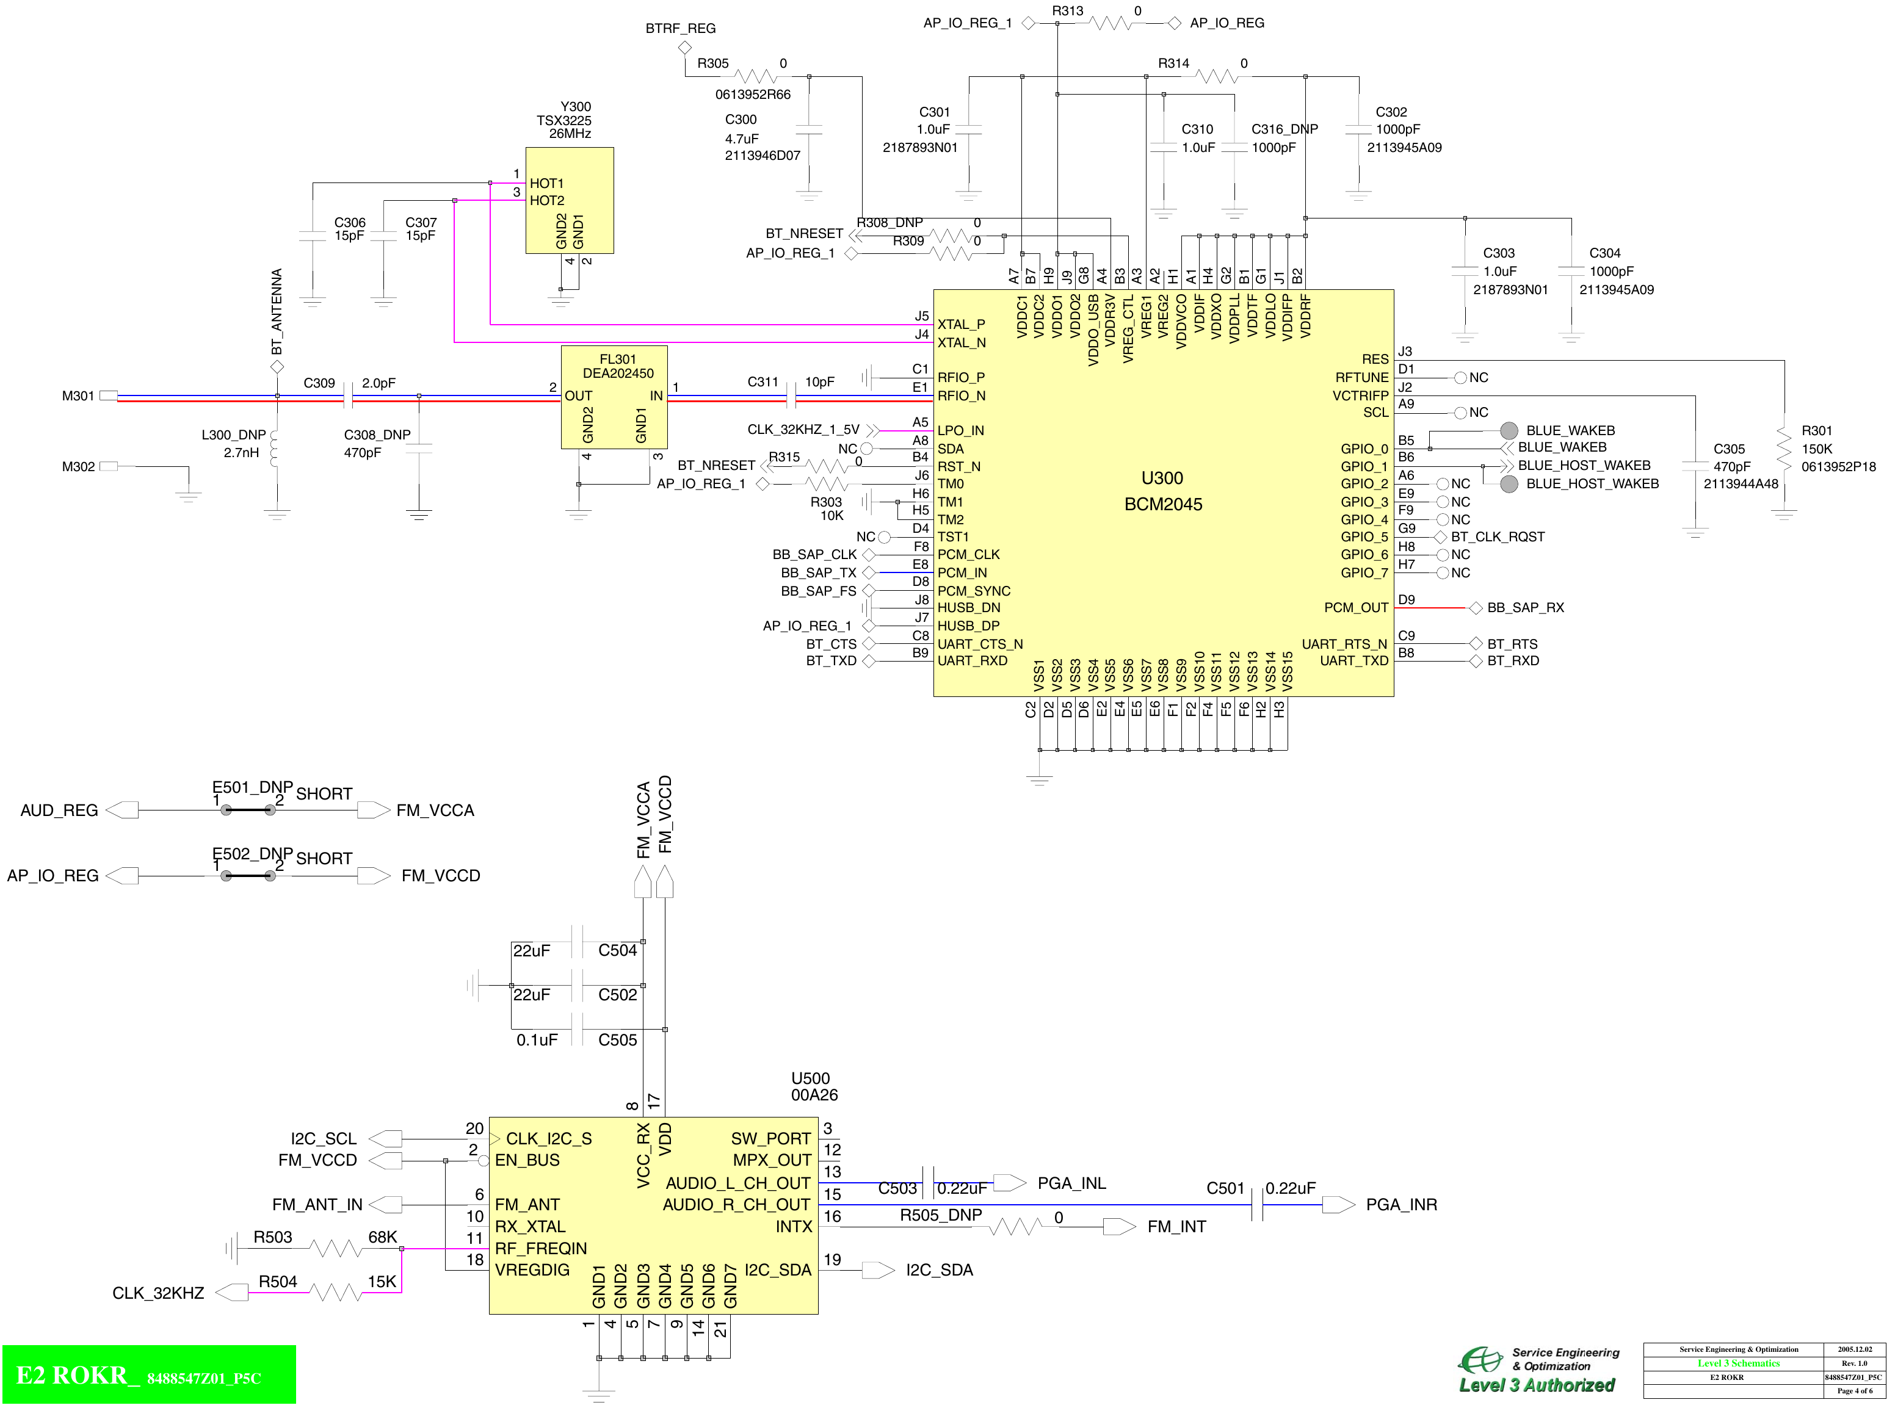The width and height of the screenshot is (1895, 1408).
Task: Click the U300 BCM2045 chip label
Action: point(1163,491)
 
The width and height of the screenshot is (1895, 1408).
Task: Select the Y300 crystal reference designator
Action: point(576,107)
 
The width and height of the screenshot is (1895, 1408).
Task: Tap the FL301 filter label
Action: point(617,359)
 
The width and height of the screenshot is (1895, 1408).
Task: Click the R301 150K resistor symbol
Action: point(1783,449)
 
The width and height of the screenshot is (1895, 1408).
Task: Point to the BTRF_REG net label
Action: point(680,28)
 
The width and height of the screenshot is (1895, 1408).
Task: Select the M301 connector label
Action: point(78,395)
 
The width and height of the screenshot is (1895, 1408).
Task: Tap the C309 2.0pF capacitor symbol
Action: point(348,395)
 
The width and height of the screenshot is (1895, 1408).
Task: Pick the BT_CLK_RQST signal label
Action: point(1497,537)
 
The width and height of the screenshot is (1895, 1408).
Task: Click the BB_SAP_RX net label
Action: point(1525,608)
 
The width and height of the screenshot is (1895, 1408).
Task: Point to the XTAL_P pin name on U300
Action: point(961,325)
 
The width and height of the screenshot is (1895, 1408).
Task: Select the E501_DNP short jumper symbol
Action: point(247,810)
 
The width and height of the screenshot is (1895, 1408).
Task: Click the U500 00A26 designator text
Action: point(813,1087)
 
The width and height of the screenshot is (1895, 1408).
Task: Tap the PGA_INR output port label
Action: point(1400,1204)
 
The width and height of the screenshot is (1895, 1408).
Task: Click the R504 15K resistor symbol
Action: point(335,1292)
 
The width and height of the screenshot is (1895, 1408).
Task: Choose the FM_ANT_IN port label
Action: point(317,1204)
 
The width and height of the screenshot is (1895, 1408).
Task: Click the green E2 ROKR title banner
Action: point(149,1375)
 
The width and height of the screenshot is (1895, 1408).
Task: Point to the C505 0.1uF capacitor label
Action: point(617,1040)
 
